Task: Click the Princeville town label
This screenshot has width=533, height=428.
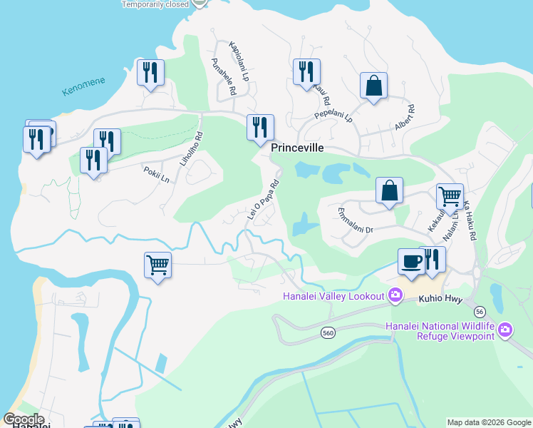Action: pyautogui.click(x=297, y=148)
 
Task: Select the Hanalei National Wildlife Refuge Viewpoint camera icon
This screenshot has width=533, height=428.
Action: pyautogui.click(x=505, y=329)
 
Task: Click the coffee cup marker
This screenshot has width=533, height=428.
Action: pyautogui.click(x=410, y=261)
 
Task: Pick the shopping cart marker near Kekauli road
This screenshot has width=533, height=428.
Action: pyautogui.click(x=450, y=195)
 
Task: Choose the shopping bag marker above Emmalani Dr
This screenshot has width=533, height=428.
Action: pyautogui.click(x=389, y=191)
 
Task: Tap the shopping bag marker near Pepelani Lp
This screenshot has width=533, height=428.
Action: pyautogui.click(x=373, y=86)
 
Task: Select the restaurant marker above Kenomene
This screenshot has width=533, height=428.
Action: pyautogui.click(x=150, y=73)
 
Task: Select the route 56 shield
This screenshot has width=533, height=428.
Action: pyautogui.click(x=480, y=311)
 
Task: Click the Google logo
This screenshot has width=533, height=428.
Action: pyautogui.click(x=23, y=419)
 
